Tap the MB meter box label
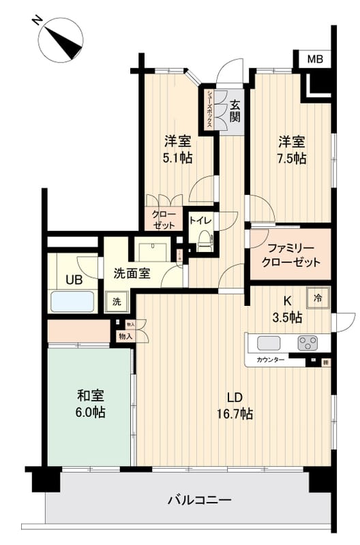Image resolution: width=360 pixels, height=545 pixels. point(314,59)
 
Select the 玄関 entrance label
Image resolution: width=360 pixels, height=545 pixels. point(235,111)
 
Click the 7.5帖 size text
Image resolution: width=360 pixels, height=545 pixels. point(291,158)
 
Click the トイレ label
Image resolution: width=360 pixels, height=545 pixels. point(200,220)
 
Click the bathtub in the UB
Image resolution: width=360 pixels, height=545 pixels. point(72,300)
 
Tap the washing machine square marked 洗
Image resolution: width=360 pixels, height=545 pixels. point(116,301)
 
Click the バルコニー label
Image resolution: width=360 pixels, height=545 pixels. point(200,501)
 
